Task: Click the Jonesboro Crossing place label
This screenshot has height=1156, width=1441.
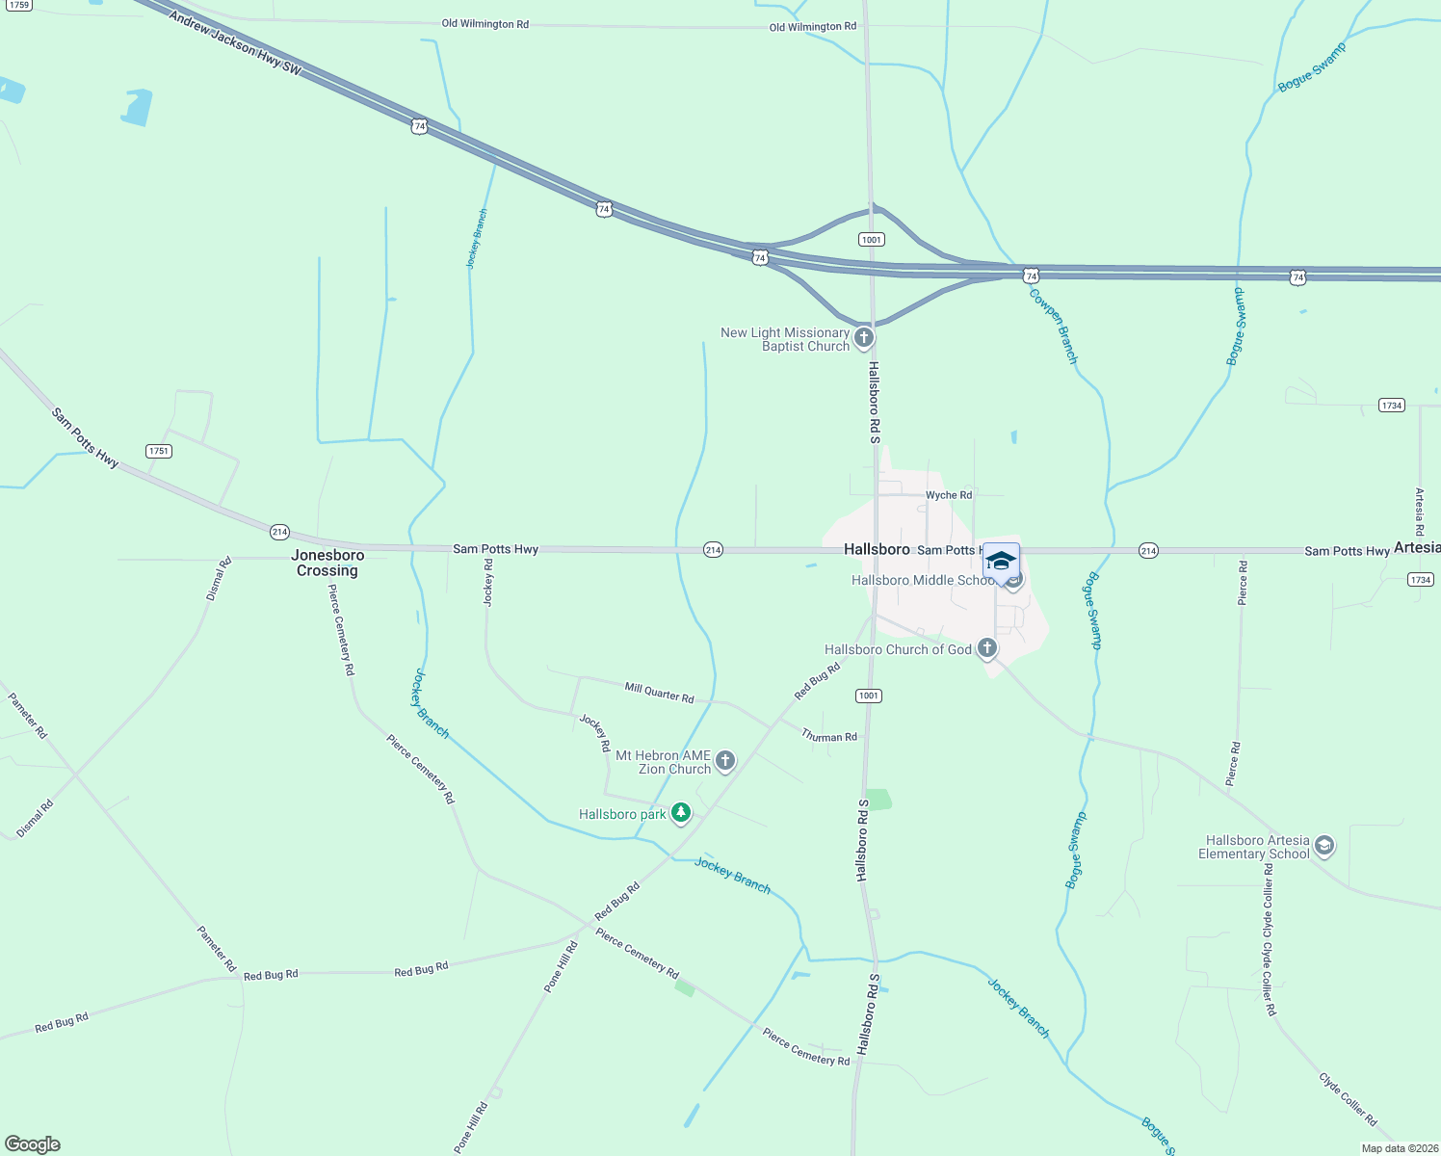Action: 327,563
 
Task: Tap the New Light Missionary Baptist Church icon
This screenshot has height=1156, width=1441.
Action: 864,337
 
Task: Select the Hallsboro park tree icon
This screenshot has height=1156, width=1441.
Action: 681,813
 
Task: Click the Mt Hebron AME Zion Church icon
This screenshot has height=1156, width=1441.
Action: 725,761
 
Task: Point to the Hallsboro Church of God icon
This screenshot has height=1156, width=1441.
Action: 987,648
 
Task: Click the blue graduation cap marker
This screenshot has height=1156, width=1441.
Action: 1001,562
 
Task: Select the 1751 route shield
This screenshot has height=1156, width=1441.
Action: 159,451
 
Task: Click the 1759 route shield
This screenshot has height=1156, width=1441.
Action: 19,5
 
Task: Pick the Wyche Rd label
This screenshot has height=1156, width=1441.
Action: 949,495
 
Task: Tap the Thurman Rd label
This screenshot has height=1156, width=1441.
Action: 829,736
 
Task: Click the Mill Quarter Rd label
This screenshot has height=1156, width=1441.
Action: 659,692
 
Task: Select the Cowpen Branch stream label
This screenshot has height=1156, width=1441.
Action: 1054,327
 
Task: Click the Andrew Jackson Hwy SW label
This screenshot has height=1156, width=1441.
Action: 235,43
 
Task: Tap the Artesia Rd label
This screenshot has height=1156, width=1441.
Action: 1419,512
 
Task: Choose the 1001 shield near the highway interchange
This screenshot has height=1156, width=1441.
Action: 871,240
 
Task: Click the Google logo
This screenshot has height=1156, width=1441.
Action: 33,1144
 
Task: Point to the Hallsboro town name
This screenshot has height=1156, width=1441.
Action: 877,549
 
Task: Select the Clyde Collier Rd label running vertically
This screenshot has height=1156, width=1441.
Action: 1270,939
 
